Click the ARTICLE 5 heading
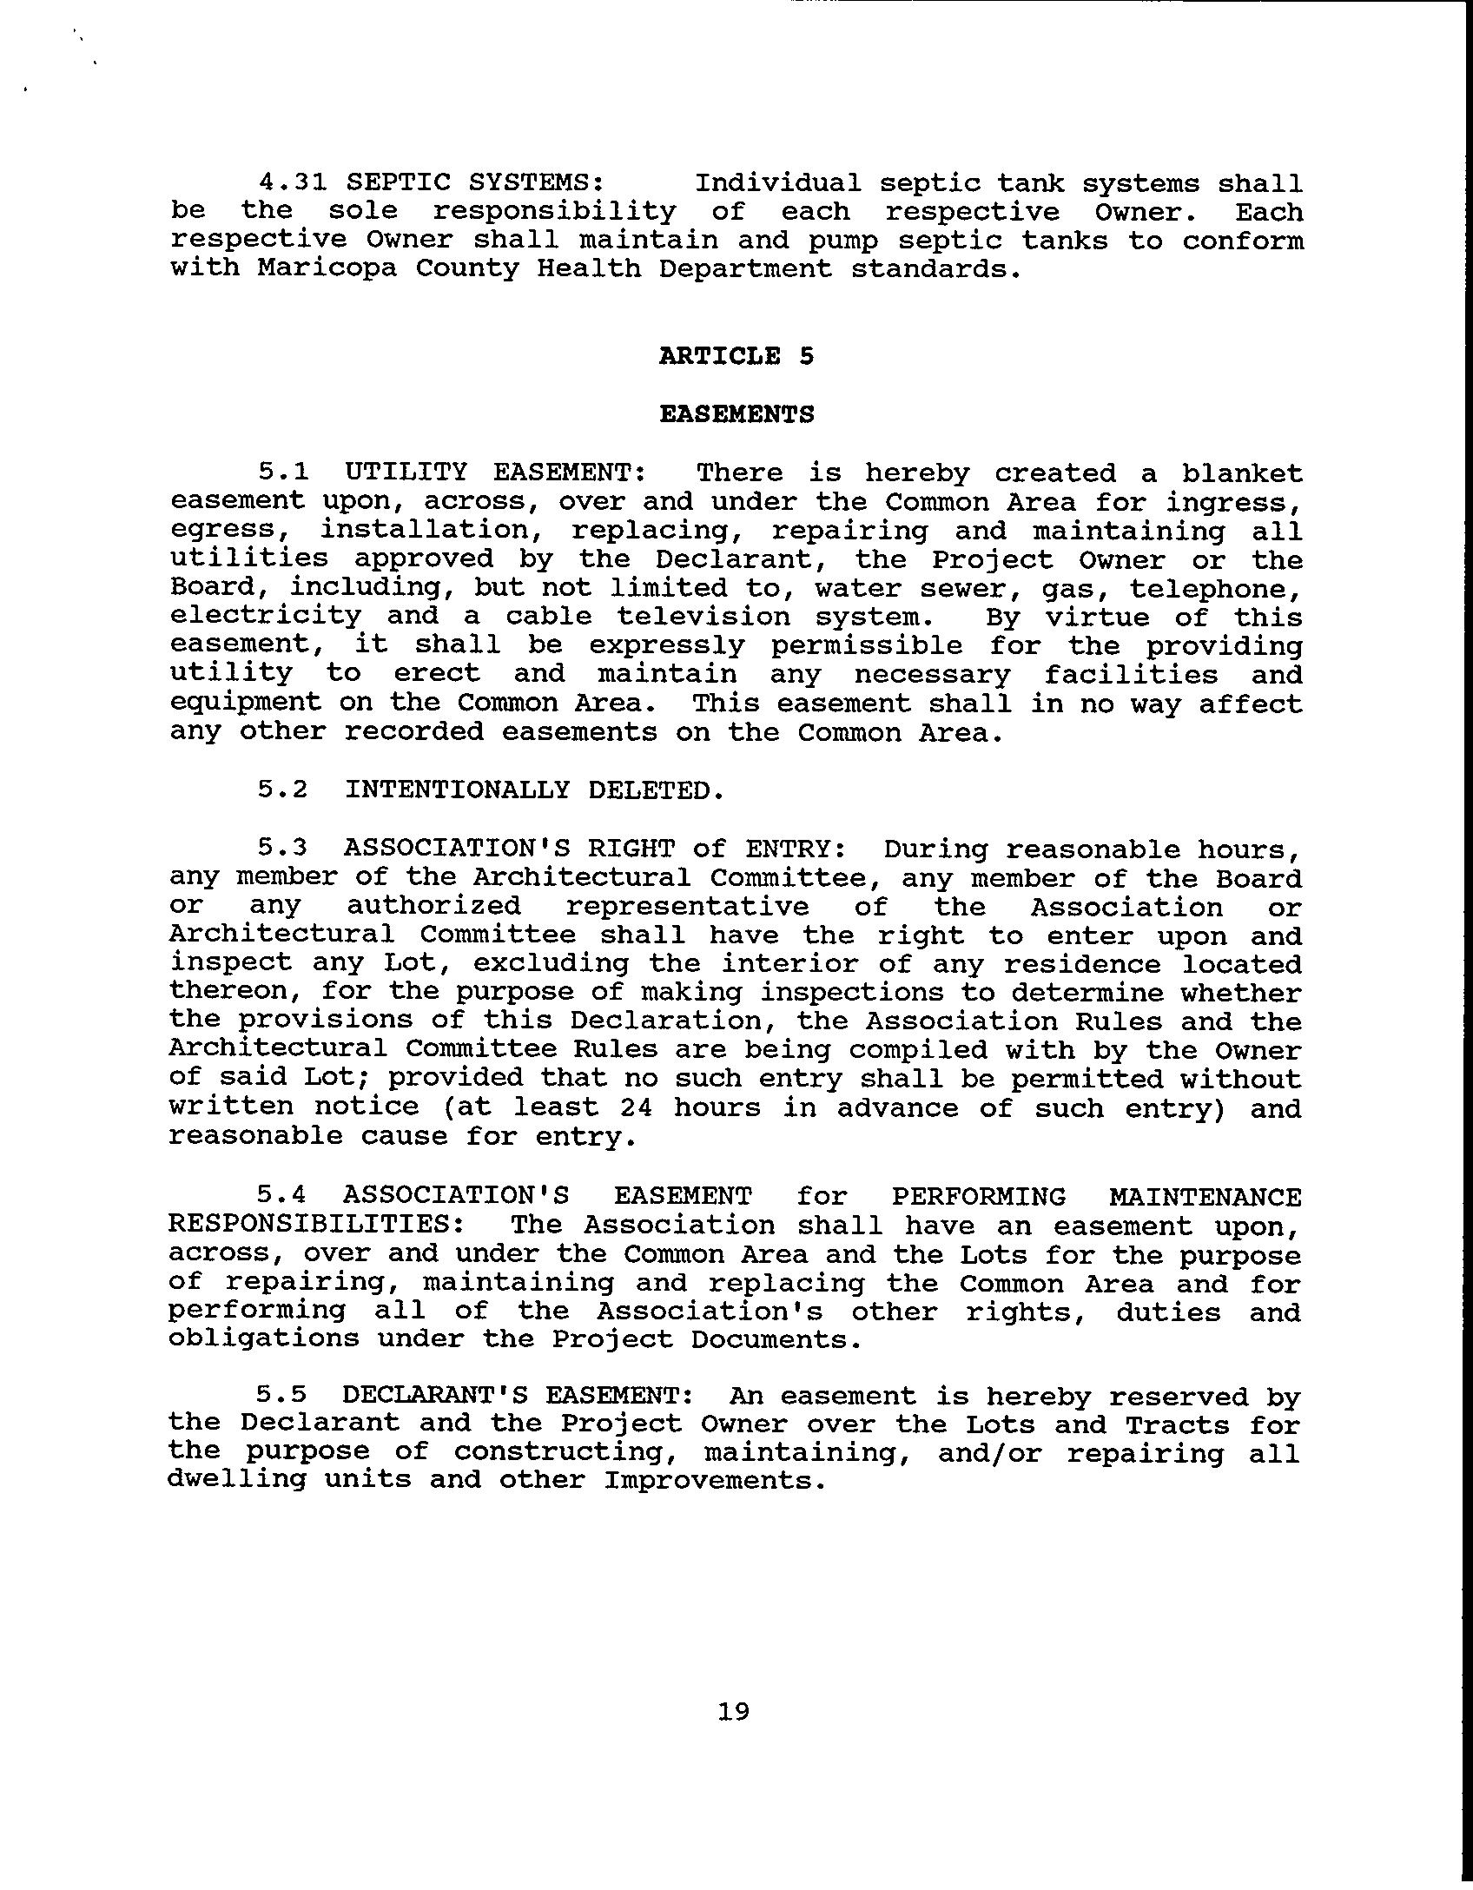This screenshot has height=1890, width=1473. tap(736, 356)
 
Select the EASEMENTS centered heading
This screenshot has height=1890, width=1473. tap(736, 414)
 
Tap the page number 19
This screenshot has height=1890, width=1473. tap(734, 1712)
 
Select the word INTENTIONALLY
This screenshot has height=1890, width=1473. tap(457, 790)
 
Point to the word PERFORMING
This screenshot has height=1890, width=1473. tap(979, 1197)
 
